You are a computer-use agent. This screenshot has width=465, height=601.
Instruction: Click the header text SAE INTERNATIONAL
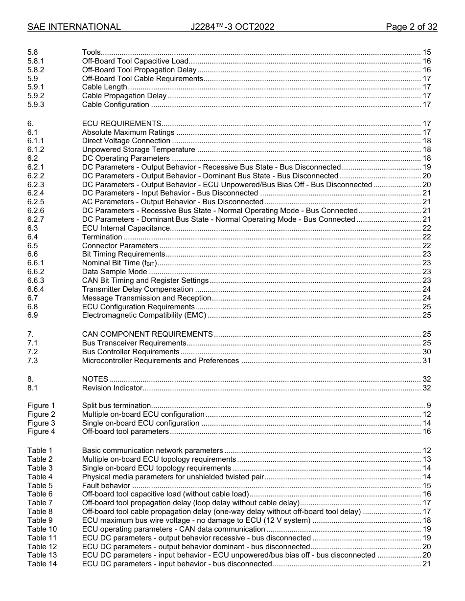coord(74,27)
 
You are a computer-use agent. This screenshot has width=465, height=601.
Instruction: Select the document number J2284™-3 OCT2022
coord(232,27)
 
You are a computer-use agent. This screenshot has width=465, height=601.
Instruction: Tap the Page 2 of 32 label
coord(411,27)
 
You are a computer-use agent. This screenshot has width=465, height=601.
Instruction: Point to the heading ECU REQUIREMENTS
coord(121,124)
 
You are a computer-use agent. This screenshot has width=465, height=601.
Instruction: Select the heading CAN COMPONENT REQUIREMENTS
coord(147,334)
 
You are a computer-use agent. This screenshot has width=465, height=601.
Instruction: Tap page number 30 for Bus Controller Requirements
coord(426,352)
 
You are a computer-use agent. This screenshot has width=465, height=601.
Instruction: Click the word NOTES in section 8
coord(95,379)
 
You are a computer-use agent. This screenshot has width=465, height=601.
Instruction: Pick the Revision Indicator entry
coord(112,388)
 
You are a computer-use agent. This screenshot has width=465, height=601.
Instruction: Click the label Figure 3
coord(41,423)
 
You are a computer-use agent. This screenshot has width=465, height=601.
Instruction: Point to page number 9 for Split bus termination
coord(428,406)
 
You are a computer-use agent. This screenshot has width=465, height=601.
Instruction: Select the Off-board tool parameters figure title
coord(125,431)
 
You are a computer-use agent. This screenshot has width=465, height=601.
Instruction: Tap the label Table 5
coord(40,486)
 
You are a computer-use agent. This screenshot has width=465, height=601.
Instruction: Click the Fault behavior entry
coord(106,486)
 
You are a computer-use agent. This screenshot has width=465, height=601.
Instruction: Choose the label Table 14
coord(42,564)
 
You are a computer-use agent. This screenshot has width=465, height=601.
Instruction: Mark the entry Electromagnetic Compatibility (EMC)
coord(144,316)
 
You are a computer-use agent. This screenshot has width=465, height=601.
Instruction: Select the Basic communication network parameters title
coord(152,451)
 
